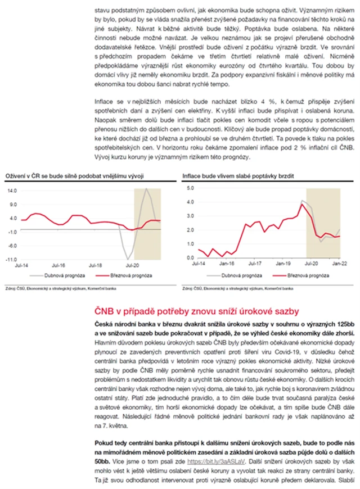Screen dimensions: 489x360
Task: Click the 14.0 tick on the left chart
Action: coord(12,190)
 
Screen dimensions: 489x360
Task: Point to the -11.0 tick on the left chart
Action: coord(11,260)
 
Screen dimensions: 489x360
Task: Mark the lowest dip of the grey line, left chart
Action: coord(128,259)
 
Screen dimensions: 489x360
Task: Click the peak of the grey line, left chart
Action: coord(146,189)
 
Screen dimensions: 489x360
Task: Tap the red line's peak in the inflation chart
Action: coord(301,204)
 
